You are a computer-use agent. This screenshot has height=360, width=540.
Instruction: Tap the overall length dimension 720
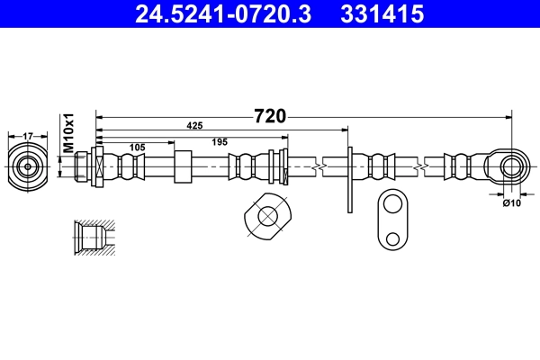point(269,115)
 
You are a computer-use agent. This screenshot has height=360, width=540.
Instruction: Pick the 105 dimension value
point(136,147)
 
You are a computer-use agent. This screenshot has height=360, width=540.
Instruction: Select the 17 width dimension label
point(27,136)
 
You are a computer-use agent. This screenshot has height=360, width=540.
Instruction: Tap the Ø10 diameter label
point(511,202)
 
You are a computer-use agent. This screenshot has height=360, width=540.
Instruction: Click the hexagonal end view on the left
point(27,166)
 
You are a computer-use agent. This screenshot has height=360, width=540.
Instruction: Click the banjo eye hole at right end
point(512,166)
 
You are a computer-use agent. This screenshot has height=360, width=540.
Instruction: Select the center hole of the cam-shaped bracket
point(267,216)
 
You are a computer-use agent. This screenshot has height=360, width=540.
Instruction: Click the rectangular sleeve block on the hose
point(183,166)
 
